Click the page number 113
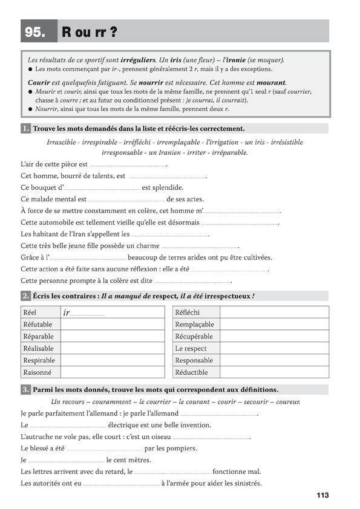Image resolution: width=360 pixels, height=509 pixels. (x=322, y=496)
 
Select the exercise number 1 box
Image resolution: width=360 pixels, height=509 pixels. (x=25, y=129)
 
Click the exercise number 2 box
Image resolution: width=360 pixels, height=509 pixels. (x=25, y=296)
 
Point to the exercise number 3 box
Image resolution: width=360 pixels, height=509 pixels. (x=25, y=390)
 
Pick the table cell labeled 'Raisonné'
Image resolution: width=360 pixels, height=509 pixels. (x=38, y=372)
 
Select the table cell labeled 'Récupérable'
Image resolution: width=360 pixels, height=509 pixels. (x=194, y=336)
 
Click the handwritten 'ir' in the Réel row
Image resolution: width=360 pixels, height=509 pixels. (x=67, y=313)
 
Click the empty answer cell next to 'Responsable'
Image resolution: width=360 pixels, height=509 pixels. (x=274, y=360)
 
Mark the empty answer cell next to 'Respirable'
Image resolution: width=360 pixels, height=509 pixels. (x=112, y=360)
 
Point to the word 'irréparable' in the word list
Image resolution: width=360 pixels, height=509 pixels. (x=227, y=153)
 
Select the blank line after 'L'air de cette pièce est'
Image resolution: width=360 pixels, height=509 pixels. (x=128, y=164)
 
